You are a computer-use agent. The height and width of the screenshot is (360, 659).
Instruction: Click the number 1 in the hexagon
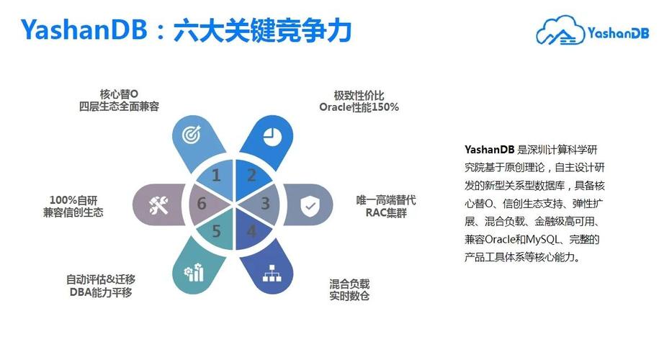click(x=216, y=176)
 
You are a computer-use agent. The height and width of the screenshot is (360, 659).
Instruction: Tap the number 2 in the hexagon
click(x=251, y=175)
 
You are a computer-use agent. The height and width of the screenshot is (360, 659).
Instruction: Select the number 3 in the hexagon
click(x=265, y=204)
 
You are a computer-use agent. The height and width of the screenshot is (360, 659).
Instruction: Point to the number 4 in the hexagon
click(x=251, y=232)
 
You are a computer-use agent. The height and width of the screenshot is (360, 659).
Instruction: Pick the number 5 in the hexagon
click(x=216, y=232)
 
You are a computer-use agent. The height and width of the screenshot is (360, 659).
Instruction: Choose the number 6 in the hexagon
click(x=202, y=204)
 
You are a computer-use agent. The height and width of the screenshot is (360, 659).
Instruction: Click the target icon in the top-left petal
click(x=190, y=134)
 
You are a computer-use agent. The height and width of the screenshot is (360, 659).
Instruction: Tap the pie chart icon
click(x=271, y=134)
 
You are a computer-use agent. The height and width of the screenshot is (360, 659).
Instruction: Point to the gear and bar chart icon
click(x=194, y=272)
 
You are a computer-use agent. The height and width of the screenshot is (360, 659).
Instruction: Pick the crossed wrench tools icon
click(x=158, y=205)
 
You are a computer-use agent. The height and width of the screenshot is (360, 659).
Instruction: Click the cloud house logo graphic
click(x=560, y=32)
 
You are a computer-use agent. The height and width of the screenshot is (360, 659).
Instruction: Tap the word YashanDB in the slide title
click(x=84, y=30)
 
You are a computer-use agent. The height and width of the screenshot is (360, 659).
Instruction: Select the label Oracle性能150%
click(x=359, y=107)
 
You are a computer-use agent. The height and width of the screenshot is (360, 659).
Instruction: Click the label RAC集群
click(x=385, y=212)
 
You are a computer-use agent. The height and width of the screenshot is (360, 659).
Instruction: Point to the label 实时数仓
click(x=349, y=296)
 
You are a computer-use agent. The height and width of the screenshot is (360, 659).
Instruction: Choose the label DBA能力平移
click(x=101, y=292)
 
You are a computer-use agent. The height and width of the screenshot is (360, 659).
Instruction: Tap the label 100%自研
click(x=73, y=199)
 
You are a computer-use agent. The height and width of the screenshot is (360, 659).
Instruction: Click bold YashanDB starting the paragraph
click(x=489, y=150)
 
